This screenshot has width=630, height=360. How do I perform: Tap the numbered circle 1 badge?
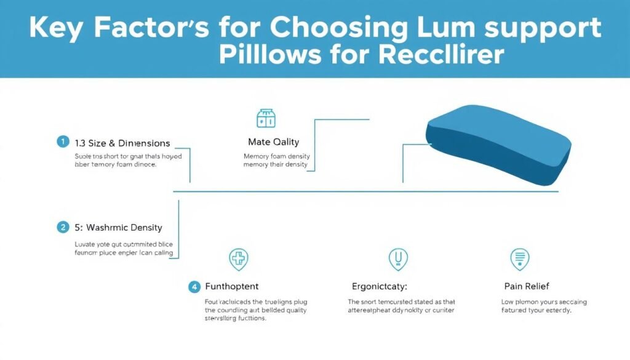point(62,142)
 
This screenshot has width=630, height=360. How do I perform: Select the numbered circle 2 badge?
point(62,227)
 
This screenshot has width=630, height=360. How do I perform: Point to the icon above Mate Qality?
point(265,118)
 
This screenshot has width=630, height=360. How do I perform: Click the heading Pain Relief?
point(526,286)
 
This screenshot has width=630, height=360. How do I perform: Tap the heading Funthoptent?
point(231,286)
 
